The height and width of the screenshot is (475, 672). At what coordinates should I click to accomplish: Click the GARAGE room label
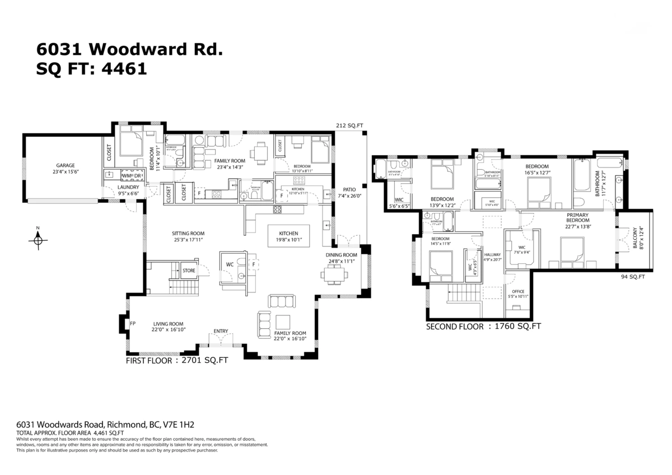(x=65, y=165)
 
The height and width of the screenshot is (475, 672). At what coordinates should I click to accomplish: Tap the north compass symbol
(x=38, y=239)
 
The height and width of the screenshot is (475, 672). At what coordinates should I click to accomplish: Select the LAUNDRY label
(x=128, y=187)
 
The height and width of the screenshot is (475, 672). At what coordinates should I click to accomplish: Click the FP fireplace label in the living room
(x=133, y=323)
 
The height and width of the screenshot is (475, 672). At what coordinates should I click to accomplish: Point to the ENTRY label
(x=221, y=331)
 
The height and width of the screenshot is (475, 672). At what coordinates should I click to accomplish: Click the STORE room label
(x=189, y=271)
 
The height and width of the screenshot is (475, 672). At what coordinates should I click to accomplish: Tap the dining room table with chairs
(x=334, y=274)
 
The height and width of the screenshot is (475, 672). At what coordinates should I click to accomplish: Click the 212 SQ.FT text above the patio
(x=350, y=126)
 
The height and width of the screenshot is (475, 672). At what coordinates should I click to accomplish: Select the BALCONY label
(x=634, y=237)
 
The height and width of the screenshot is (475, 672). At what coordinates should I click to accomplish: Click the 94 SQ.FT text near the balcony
(x=633, y=277)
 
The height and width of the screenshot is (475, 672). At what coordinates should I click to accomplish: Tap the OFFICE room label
(x=517, y=291)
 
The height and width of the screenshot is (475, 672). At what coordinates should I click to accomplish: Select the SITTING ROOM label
(x=188, y=233)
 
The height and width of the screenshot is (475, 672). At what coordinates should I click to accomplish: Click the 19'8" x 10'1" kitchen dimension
(x=289, y=240)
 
